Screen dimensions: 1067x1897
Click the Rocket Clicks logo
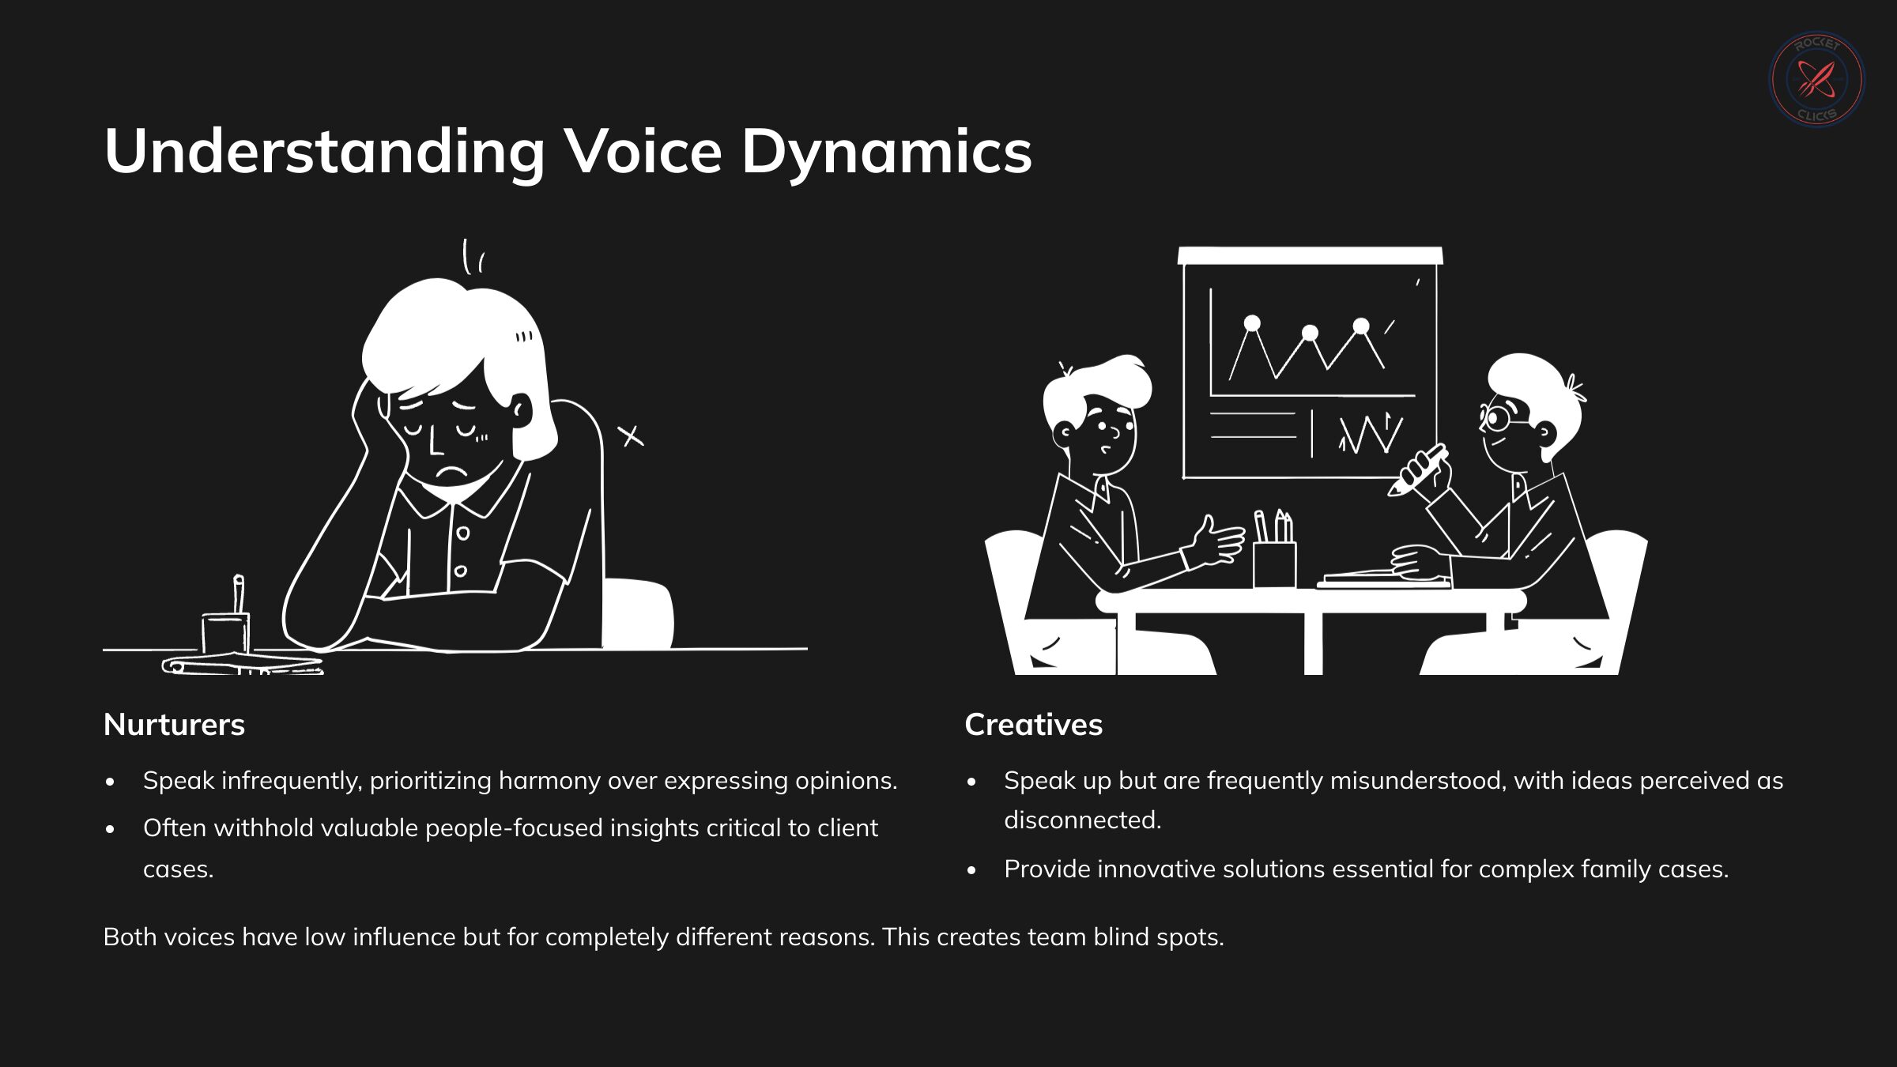(x=1816, y=79)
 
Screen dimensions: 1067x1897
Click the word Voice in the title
(x=643, y=151)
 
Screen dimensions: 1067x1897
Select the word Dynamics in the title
(x=886, y=153)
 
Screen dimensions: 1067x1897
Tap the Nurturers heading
(x=174, y=725)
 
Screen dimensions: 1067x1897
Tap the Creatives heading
(x=1033, y=725)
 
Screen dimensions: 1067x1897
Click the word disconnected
(x=1082, y=820)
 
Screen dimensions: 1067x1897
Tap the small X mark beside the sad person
(x=630, y=435)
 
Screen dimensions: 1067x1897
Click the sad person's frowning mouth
(x=453, y=472)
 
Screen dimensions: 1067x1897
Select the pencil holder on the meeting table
(x=1274, y=561)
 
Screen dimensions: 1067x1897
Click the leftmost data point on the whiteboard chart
(x=1252, y=323)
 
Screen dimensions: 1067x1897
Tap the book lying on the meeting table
(x=1383, y=580)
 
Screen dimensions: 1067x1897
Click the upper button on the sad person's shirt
(x=463, y=533)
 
